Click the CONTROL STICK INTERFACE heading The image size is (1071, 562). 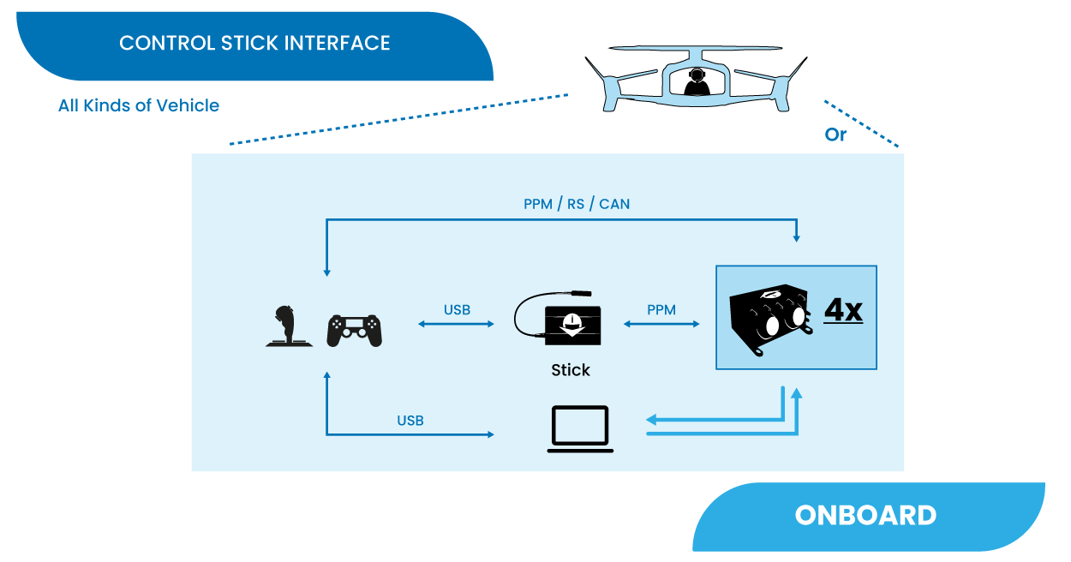tap(254, 43)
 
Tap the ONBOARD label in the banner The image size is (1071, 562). tap(865, 515)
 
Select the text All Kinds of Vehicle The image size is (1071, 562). tap(139, 105)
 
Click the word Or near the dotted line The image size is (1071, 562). tap(835, 135)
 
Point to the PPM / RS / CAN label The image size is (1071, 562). tap(577, 204)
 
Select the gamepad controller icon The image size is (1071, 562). tap(354, 330)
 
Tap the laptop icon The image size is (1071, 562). tap(580, 428)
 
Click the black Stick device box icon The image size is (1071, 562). tap(572, 326)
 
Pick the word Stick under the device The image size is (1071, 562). tap(571, 370)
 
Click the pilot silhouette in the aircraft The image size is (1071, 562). tap(697, 82)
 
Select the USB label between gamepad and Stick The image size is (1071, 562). tap(457, 309)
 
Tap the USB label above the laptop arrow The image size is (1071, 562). tap(410, 421)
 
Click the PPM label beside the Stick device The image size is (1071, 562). tap(661, 309)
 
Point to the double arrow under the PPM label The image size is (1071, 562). tap(661, 324)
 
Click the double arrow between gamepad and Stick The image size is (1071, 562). tap(457, 324)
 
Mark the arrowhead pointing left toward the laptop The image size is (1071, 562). tap(651, 420)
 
